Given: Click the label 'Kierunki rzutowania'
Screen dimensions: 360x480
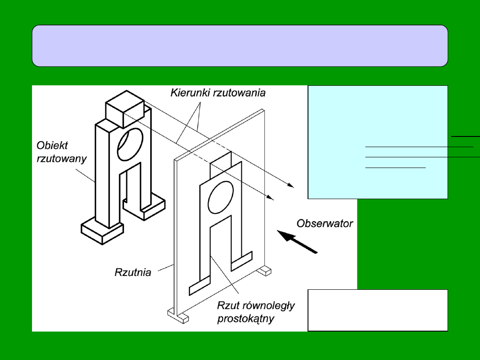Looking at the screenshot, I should tap(218, 93).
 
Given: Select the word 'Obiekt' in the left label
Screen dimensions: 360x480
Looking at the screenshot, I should tap(50, 146).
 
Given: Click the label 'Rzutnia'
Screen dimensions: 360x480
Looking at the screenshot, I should tap(133, 272).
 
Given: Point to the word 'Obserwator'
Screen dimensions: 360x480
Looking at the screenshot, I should tap(325, 224).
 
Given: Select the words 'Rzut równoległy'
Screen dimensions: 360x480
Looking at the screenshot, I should tap(256, 306).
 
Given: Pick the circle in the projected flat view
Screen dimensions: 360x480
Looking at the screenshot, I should tap(218, 196).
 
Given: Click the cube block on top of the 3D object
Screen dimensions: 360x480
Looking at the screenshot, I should tap(124, 108).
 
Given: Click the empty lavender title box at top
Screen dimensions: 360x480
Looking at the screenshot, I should tap(240, 46).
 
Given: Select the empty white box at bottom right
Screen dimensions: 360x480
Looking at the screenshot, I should tap(377, 310).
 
